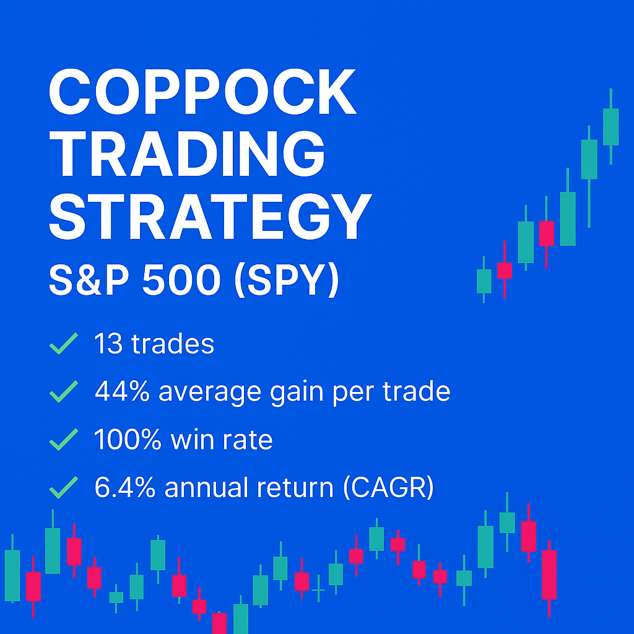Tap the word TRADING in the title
point(187,155)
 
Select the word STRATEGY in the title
point(210,217)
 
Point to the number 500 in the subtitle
point(181,280)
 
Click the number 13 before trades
point(108,344)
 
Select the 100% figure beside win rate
point(127,440)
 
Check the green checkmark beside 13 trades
point(63,344)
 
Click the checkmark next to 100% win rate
point(63,440)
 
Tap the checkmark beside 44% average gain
point(63,391)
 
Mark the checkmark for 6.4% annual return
point(63,487)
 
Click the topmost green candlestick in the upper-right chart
point(610,127)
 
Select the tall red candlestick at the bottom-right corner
point(549,575)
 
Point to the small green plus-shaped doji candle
point(318,591)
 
